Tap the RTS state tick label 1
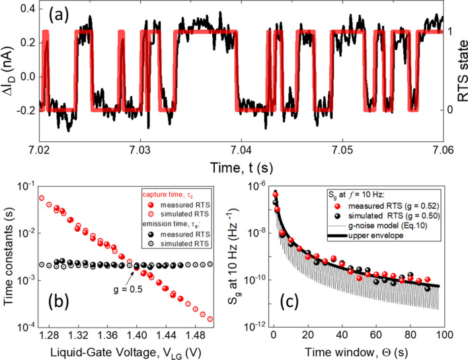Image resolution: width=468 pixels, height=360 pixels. click(x=448, y=31)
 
